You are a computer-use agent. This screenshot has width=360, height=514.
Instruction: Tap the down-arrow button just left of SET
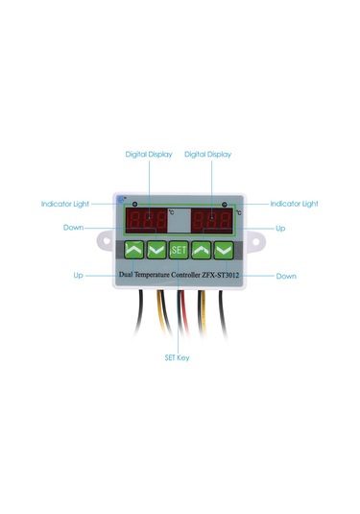[156, 251]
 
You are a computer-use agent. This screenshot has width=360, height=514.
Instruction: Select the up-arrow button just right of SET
[202, 251]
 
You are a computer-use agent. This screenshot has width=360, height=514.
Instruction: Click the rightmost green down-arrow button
[225, 251]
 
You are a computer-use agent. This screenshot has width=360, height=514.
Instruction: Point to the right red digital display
[211, 220]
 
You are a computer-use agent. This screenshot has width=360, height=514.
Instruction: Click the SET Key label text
[180, 356]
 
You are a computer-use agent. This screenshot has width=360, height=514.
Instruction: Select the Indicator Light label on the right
[294, 204]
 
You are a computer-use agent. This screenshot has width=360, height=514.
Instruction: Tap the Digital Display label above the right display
[207, 154]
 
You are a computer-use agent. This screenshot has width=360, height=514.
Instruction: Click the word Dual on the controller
[127, 275]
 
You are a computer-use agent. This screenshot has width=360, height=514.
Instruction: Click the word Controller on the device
[192, 275]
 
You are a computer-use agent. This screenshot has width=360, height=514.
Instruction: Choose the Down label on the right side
[286, 276]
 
